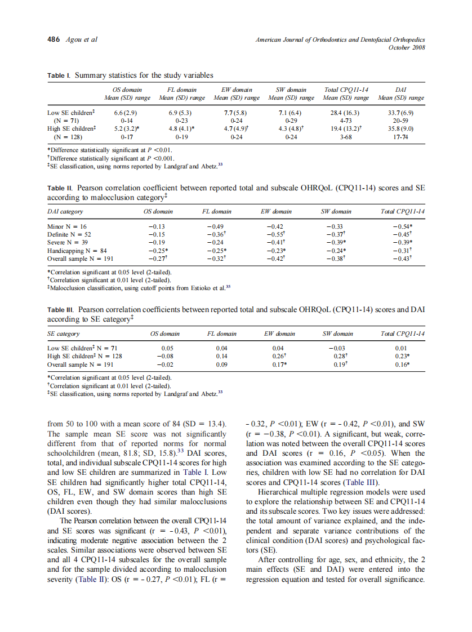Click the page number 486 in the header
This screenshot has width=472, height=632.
pyautogui.click(x=54, y=39)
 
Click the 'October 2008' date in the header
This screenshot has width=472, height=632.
pyautogui.click(x=407, y=47)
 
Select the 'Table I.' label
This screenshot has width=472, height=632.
pyautogui.click(x=59, y=75)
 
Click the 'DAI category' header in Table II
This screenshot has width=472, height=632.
pyautogui.click(x=65, y=212)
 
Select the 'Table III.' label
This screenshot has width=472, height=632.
pyautogui.click(x=61, y=310)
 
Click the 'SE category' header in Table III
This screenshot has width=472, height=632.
pyautogui.click(x=64, y=333)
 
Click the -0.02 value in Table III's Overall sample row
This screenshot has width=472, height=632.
pyautogui.click(x=166, y=364)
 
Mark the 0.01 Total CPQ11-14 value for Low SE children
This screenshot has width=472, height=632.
pyautogui.click(x=400, y=348)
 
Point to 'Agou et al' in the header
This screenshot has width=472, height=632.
pyautogui.click(x=82, y=39)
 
